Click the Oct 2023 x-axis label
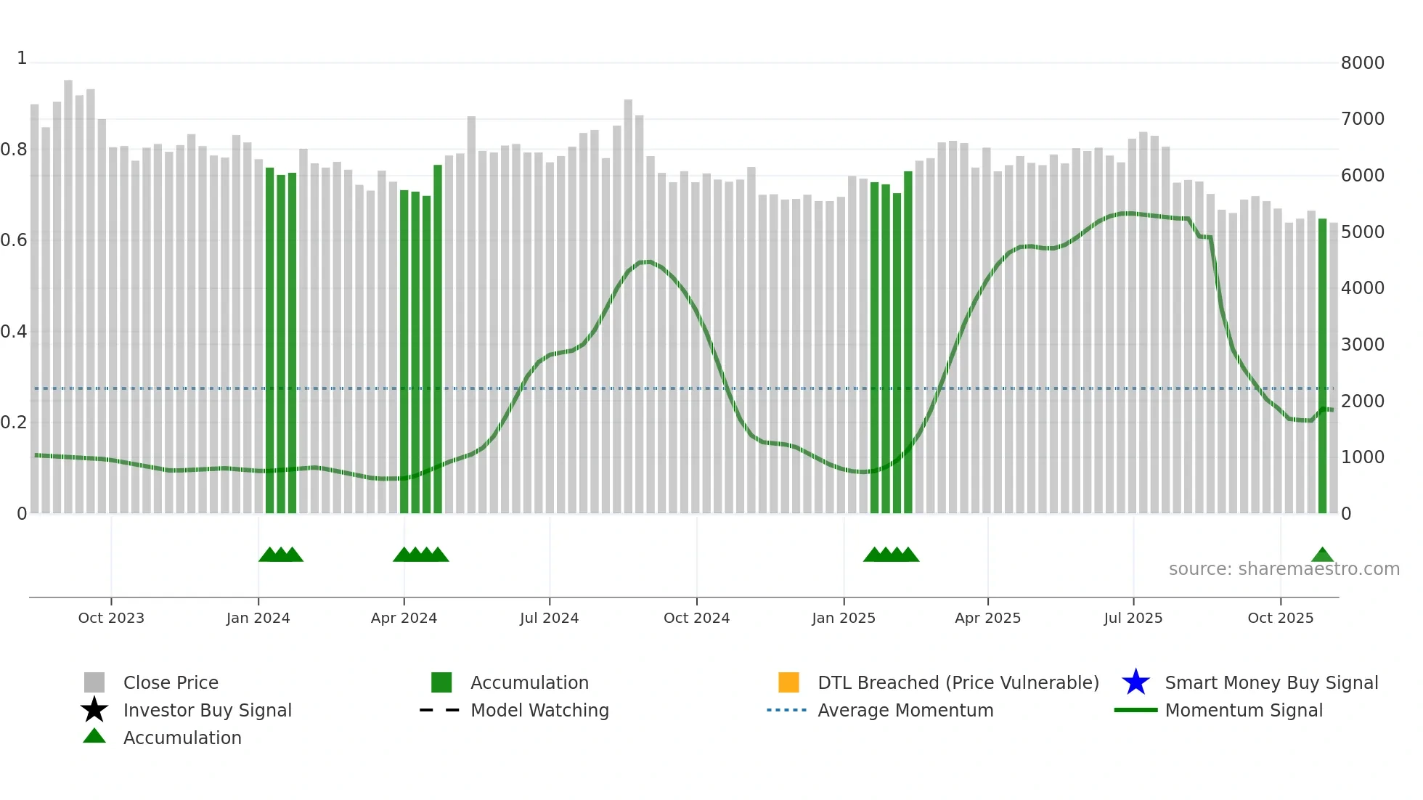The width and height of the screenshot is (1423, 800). [x=111, y=618]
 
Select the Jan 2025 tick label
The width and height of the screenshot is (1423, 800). [x=843, y=618]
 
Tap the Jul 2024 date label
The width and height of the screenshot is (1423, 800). [x=549, y=618]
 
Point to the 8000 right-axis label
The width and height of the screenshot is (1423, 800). [x=1362, y=63]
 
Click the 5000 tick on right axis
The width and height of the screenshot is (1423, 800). [x=1362, y=232]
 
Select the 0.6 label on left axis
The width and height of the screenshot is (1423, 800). [x=14, y=240]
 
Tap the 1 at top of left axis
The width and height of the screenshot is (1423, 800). [x=22, y=58]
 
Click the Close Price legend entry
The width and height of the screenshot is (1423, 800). [x=171, y=682]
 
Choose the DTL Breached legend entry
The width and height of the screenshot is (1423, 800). [x=958, y=682]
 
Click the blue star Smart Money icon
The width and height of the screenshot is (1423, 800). [x=1135, y=682]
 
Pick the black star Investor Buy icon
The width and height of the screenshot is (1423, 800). [x=94, y=710]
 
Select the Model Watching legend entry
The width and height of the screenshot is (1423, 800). [x=539, y=710]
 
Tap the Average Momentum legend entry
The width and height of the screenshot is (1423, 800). [x=905, y=710]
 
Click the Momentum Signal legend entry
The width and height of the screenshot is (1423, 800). [x=1244, y=710]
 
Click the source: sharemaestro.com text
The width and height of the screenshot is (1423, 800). [x=1284, y=569]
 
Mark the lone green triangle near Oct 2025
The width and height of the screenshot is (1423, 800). [x=1322, y=555]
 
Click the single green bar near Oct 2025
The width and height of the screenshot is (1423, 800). [x=1322, y=363]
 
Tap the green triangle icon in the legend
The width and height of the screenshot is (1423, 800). [x=94, y=736]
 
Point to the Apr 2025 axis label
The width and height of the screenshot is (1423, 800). [x=987, y=618]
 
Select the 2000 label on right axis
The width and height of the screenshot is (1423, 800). [x=1362, y=401]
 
